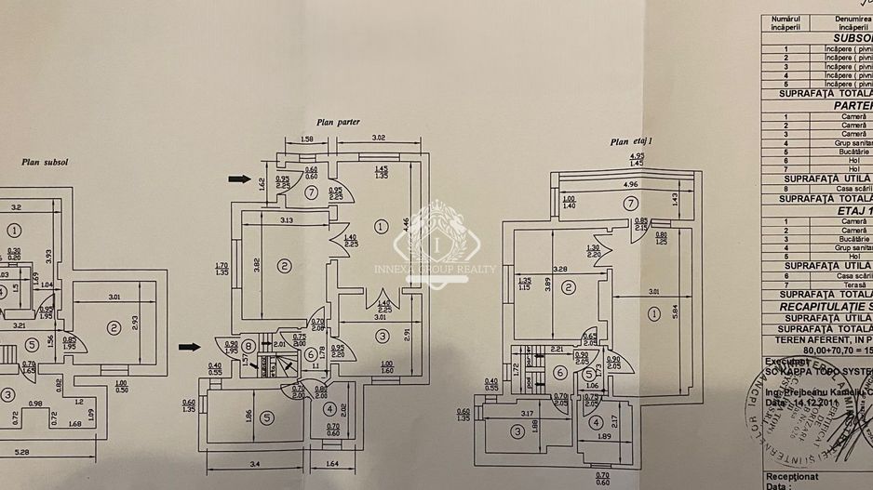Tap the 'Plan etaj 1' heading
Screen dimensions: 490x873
632,142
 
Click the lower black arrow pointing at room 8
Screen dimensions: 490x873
190,347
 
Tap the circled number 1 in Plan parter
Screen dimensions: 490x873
380,224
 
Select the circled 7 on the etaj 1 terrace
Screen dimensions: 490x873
631,202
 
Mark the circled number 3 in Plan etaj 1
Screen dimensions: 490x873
517,430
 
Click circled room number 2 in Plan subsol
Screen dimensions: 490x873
114,326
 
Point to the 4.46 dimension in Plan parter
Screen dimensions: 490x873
406,224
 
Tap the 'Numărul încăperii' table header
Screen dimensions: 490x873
786,22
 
